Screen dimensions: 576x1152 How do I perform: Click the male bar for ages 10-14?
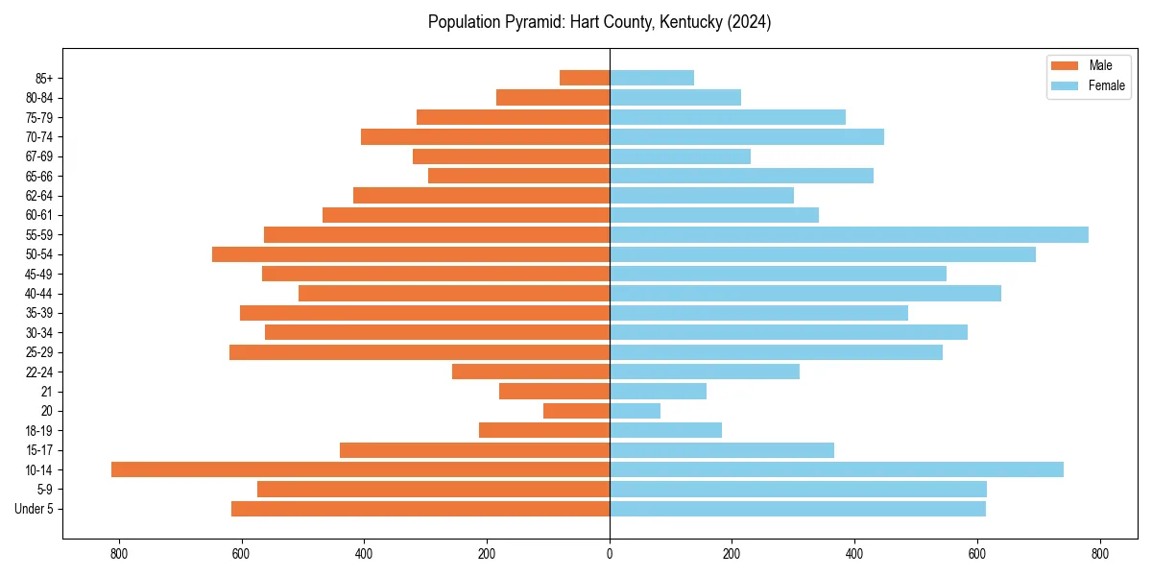(x=360, y=469)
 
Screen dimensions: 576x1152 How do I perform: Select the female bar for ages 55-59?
(x=849, y=234)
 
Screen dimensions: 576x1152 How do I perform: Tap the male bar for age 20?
(x=576, y=411)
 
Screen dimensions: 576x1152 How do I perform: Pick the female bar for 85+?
(x=652, y=78)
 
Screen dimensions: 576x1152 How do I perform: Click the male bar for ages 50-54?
(x=411, y=254)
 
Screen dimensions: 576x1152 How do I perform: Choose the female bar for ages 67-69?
(x=680, y=156)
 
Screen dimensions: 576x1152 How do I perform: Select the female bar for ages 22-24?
(x=705, y=372)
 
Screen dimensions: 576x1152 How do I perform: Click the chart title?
(x=599, y=22)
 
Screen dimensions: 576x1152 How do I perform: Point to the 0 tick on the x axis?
(x=610, y=554)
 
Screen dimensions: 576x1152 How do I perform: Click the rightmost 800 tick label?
(x=1100, y=554)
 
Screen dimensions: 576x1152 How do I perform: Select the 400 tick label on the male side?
(x=364, y=554)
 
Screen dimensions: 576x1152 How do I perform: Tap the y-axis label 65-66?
(x=39, y=176)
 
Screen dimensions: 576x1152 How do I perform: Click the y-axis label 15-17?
(x=39, y=450)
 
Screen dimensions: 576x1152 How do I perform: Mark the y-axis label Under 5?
(x=35, y=509)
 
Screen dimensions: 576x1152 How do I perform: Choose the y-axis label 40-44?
(x=39, y=294)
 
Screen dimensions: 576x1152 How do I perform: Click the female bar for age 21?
(x=658, y=392)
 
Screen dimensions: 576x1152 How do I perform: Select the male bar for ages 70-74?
(x=485, y=136)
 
